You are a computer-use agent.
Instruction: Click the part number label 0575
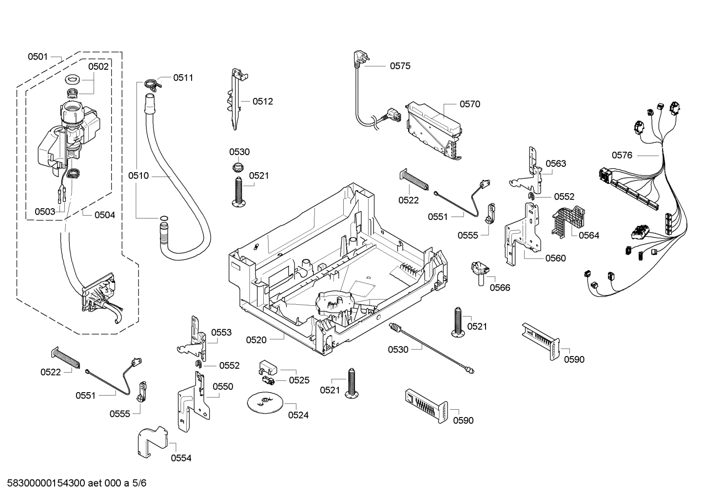click(400, 66)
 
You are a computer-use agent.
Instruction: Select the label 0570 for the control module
click(469, 104)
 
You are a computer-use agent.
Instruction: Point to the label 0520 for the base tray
click(256, 339)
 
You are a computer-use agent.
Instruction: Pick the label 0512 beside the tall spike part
click(263, 101)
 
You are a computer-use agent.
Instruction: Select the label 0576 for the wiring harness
click(622, 155)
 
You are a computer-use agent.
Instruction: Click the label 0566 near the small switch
click(500, 287)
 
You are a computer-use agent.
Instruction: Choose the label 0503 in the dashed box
click(45, 212)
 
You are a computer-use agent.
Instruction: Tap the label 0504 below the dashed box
click(104, 215)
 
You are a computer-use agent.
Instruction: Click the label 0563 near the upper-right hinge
click(556, 163)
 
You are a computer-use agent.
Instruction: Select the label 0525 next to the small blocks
click(299, 380)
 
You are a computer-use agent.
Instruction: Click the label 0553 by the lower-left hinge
click(221, 333)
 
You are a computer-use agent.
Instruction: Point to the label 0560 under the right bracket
click(556, 258)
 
